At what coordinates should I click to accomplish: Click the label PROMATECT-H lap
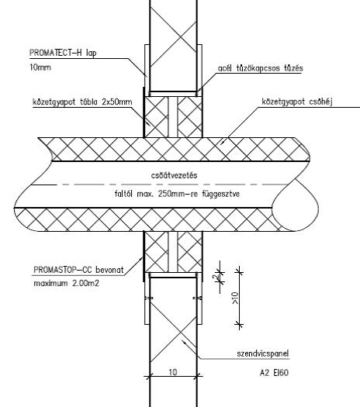tap(63, 53)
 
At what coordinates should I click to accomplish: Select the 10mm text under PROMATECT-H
tap(40, 67)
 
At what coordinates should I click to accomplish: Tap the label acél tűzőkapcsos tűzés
tap(261, 68)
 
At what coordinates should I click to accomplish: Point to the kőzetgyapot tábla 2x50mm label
tap(82, 102)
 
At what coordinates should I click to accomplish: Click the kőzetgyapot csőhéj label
tap(297, 102)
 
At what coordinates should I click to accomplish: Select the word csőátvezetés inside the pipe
tap(174, 175)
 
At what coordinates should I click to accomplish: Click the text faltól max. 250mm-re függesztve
tap(177, 194)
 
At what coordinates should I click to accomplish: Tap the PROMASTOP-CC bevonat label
tap(78, 270)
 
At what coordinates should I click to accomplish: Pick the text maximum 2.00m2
tap(67, 283)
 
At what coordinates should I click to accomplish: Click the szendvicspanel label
tap(263, 354)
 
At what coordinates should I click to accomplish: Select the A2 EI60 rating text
tap(274, 373)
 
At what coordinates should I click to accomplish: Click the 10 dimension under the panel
tap(173, 372)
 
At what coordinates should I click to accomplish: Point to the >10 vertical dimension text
tap(235, 298)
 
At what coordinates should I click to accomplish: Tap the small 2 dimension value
tap(215, 278)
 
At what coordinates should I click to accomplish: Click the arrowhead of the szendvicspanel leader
tap(184, 342)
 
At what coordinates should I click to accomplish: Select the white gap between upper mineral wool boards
tap(173, 117)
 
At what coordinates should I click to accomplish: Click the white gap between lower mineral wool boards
tap(173, 252)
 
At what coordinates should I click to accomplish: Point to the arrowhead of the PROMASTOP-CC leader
tap(141, 259)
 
